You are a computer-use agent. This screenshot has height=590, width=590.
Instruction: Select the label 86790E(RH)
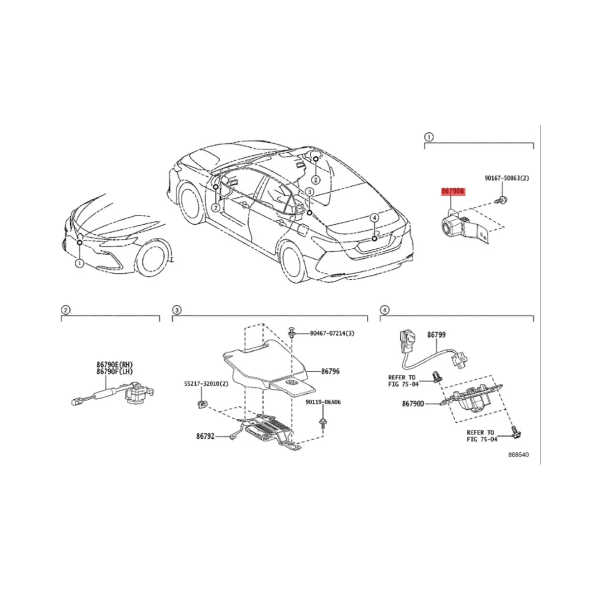pos(115,365)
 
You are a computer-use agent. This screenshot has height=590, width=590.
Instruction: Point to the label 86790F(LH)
pos(115,372)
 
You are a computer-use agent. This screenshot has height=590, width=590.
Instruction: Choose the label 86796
pos(330,372)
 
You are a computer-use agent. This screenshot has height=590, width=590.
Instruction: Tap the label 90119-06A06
pos(323,402)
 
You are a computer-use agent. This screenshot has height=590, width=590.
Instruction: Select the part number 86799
pos(436,335)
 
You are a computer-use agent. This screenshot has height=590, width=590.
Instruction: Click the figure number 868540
pos(519,455)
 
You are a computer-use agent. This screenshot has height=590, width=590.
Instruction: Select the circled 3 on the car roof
pos(309,191)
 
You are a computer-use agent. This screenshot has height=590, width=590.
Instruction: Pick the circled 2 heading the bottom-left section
pos(65,310)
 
